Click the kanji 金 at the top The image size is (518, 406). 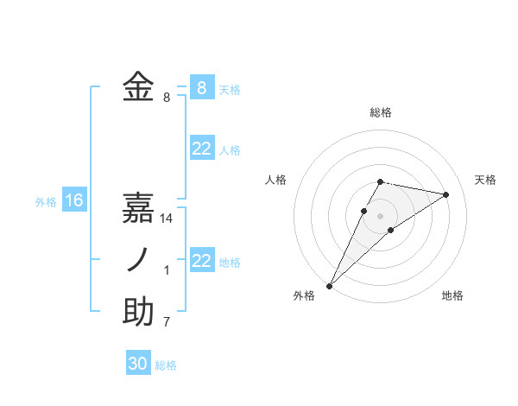138,87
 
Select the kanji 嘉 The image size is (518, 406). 138,207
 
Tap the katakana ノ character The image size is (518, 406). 138,260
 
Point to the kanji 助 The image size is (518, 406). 138,312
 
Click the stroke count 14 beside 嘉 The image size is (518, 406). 167,219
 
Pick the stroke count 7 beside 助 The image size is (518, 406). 167,322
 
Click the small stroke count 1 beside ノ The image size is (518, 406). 167,270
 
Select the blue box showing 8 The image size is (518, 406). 201,87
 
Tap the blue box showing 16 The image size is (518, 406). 74,201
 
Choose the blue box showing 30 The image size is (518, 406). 138,364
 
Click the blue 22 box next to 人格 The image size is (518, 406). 201,149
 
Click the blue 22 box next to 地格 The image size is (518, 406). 201,261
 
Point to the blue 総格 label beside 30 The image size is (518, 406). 166,365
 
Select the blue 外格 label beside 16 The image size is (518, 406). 46,202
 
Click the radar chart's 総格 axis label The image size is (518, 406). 381,112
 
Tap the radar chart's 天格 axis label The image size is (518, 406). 485,180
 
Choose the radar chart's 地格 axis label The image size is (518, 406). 452,295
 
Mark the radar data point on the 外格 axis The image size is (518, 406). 329,286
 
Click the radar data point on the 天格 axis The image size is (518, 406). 446,194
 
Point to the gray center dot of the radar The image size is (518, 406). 381,216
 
